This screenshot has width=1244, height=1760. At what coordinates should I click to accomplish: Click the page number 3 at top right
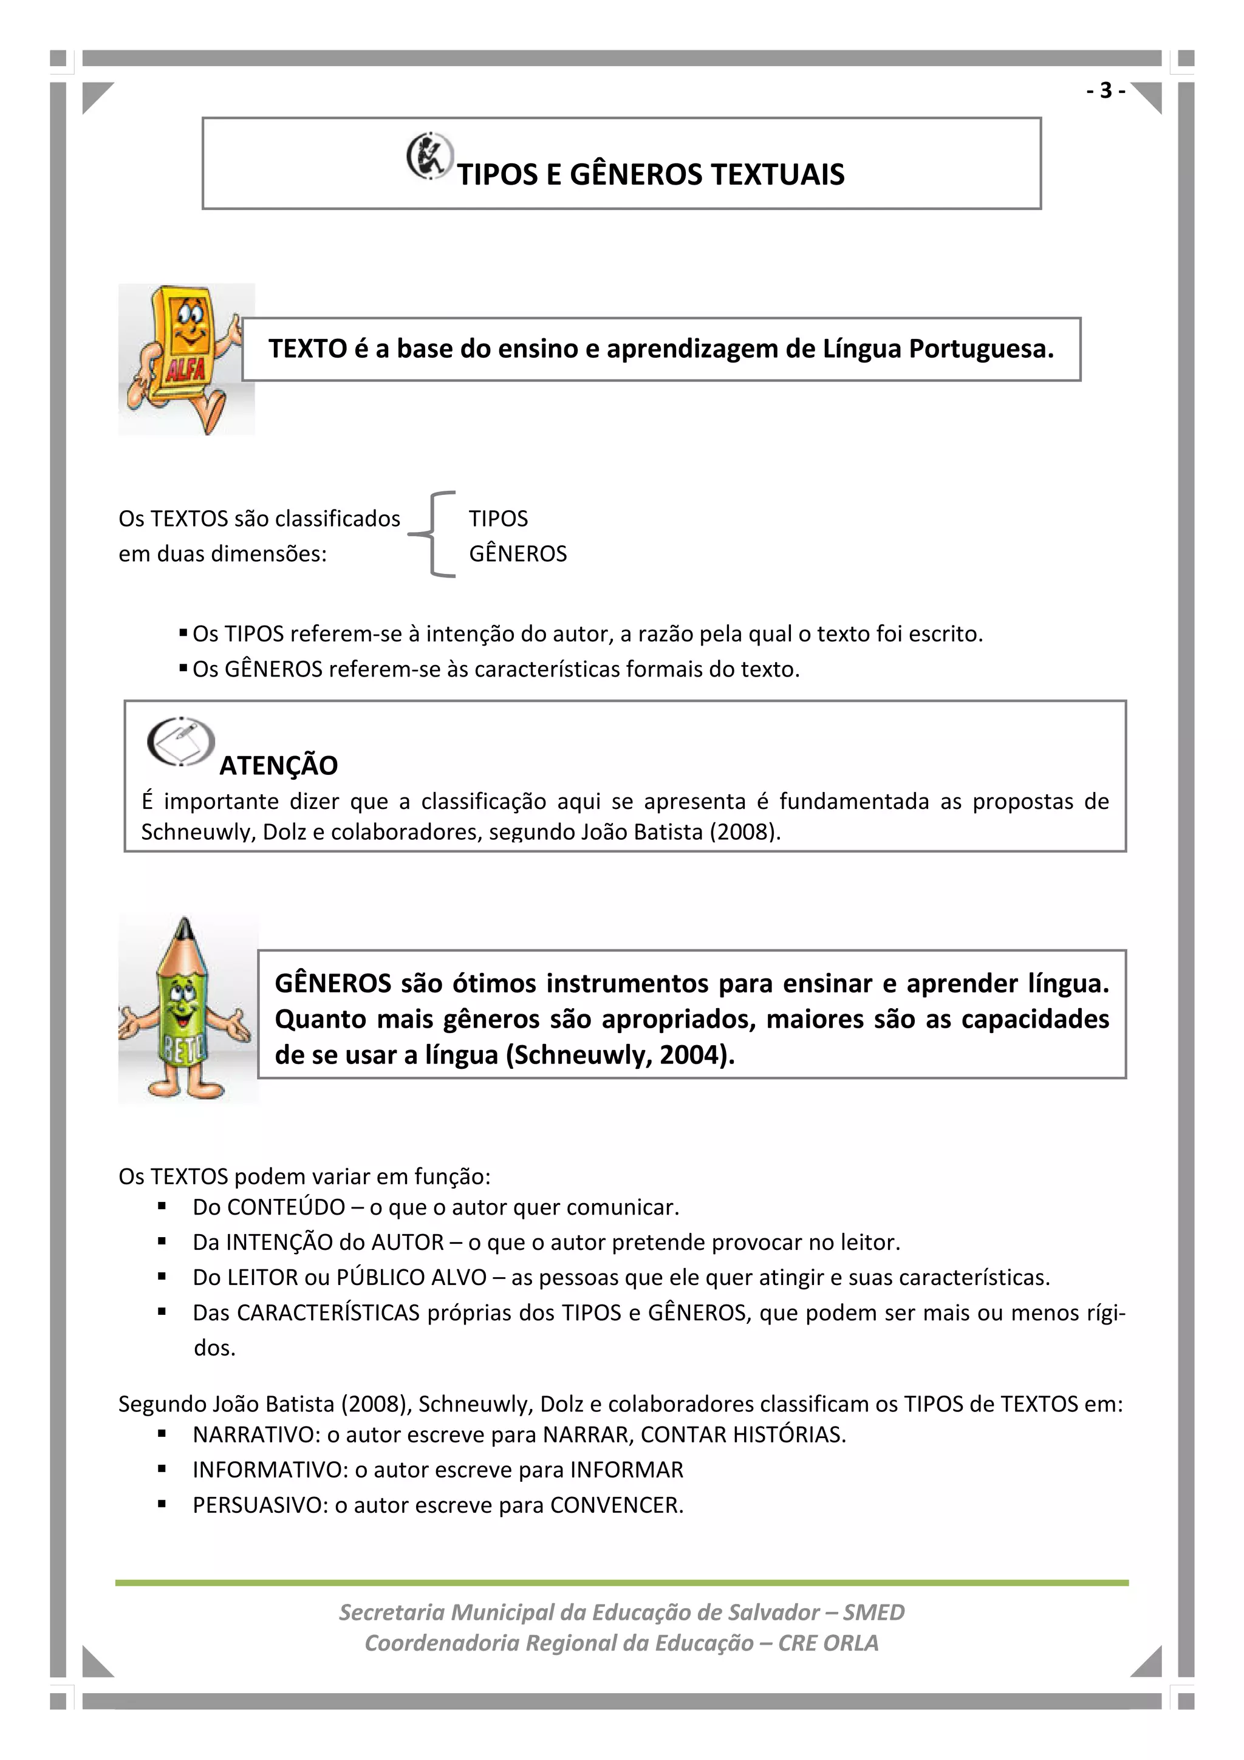pos(1104,90)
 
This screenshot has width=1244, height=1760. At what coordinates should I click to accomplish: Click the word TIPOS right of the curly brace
pos(498,519)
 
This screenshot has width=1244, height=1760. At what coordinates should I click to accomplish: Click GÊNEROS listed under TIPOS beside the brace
pos(518,553)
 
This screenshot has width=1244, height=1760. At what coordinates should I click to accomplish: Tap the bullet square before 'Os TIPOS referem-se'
pos(183,633)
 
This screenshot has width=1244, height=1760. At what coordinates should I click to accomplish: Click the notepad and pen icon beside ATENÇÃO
pos(181,742)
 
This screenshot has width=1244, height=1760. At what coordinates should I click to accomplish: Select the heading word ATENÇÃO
pos(278,765)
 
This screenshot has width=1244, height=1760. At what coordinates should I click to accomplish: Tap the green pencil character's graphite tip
pos(184,929)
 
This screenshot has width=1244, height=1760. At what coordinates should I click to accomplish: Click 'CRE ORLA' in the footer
pos(828,1643)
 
